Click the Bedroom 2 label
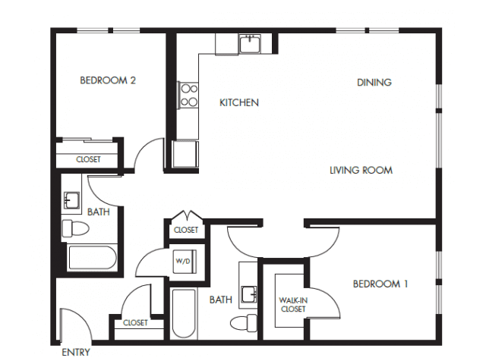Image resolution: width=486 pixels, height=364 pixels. click(108, 80)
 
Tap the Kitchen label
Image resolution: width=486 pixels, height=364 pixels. click(239, 103)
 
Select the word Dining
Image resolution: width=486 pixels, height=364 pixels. click(374, 83)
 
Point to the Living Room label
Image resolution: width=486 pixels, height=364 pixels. click(361, 170)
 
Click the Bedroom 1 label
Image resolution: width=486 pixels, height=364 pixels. click(380, 284)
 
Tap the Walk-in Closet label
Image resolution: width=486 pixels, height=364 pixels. click(293, 305)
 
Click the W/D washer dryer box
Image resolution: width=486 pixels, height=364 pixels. click(185, 261)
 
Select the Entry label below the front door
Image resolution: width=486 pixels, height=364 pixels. click(76, 352)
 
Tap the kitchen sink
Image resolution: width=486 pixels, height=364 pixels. click(250, 44)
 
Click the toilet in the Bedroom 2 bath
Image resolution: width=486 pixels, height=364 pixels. click(75, 228)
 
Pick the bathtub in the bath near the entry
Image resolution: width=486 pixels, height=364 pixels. click(93, 258)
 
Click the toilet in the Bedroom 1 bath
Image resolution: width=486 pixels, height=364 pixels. click(244, 323)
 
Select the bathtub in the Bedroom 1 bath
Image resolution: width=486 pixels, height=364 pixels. click(184, 313)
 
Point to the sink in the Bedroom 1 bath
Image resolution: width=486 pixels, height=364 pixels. click(249, 294)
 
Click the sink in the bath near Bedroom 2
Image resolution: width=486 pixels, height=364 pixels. click(71, 200)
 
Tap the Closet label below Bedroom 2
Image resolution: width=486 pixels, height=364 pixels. click(88, 159)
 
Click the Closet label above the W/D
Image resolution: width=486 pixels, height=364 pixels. click(186, 230)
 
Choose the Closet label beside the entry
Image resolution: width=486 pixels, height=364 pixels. click(135, 323)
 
